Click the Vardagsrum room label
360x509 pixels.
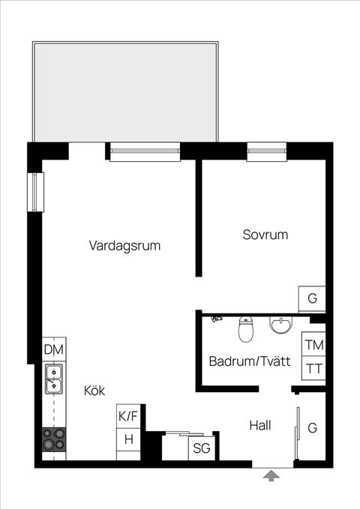(x=124, y=245)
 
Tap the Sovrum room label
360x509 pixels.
(x=265, y=235)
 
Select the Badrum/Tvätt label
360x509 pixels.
(x=249, y=361)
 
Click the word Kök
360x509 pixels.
(x=94, y=390)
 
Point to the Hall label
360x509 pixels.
(x=259, y=426)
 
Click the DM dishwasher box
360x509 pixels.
(x=54, y=349)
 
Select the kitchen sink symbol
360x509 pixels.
(x=54, y=379)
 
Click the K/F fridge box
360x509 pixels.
(x=129, y=415)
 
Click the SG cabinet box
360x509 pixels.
(x=201, y=448)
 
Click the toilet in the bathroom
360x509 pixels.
(x=246, y=328)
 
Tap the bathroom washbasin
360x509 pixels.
(x=280, y=326)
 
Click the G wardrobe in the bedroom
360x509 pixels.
(x=312, y=298)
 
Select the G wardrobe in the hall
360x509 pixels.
(x=312, y=428)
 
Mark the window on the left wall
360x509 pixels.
(x=36, y=190)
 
